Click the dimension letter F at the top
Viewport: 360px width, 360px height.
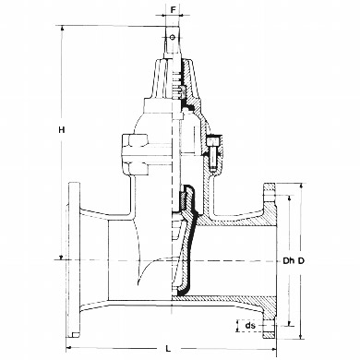point(174,9)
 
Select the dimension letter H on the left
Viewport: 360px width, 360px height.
point(62,130)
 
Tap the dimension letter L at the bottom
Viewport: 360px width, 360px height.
point(168,349)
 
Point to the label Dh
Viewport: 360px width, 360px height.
point(288,261)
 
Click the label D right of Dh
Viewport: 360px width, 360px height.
point(301,261)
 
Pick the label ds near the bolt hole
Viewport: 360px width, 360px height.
point(250,325)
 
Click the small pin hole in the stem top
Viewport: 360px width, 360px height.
point(173,37)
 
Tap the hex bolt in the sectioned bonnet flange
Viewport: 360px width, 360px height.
point(212,152)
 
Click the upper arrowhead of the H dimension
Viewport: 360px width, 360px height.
point(62,29)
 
